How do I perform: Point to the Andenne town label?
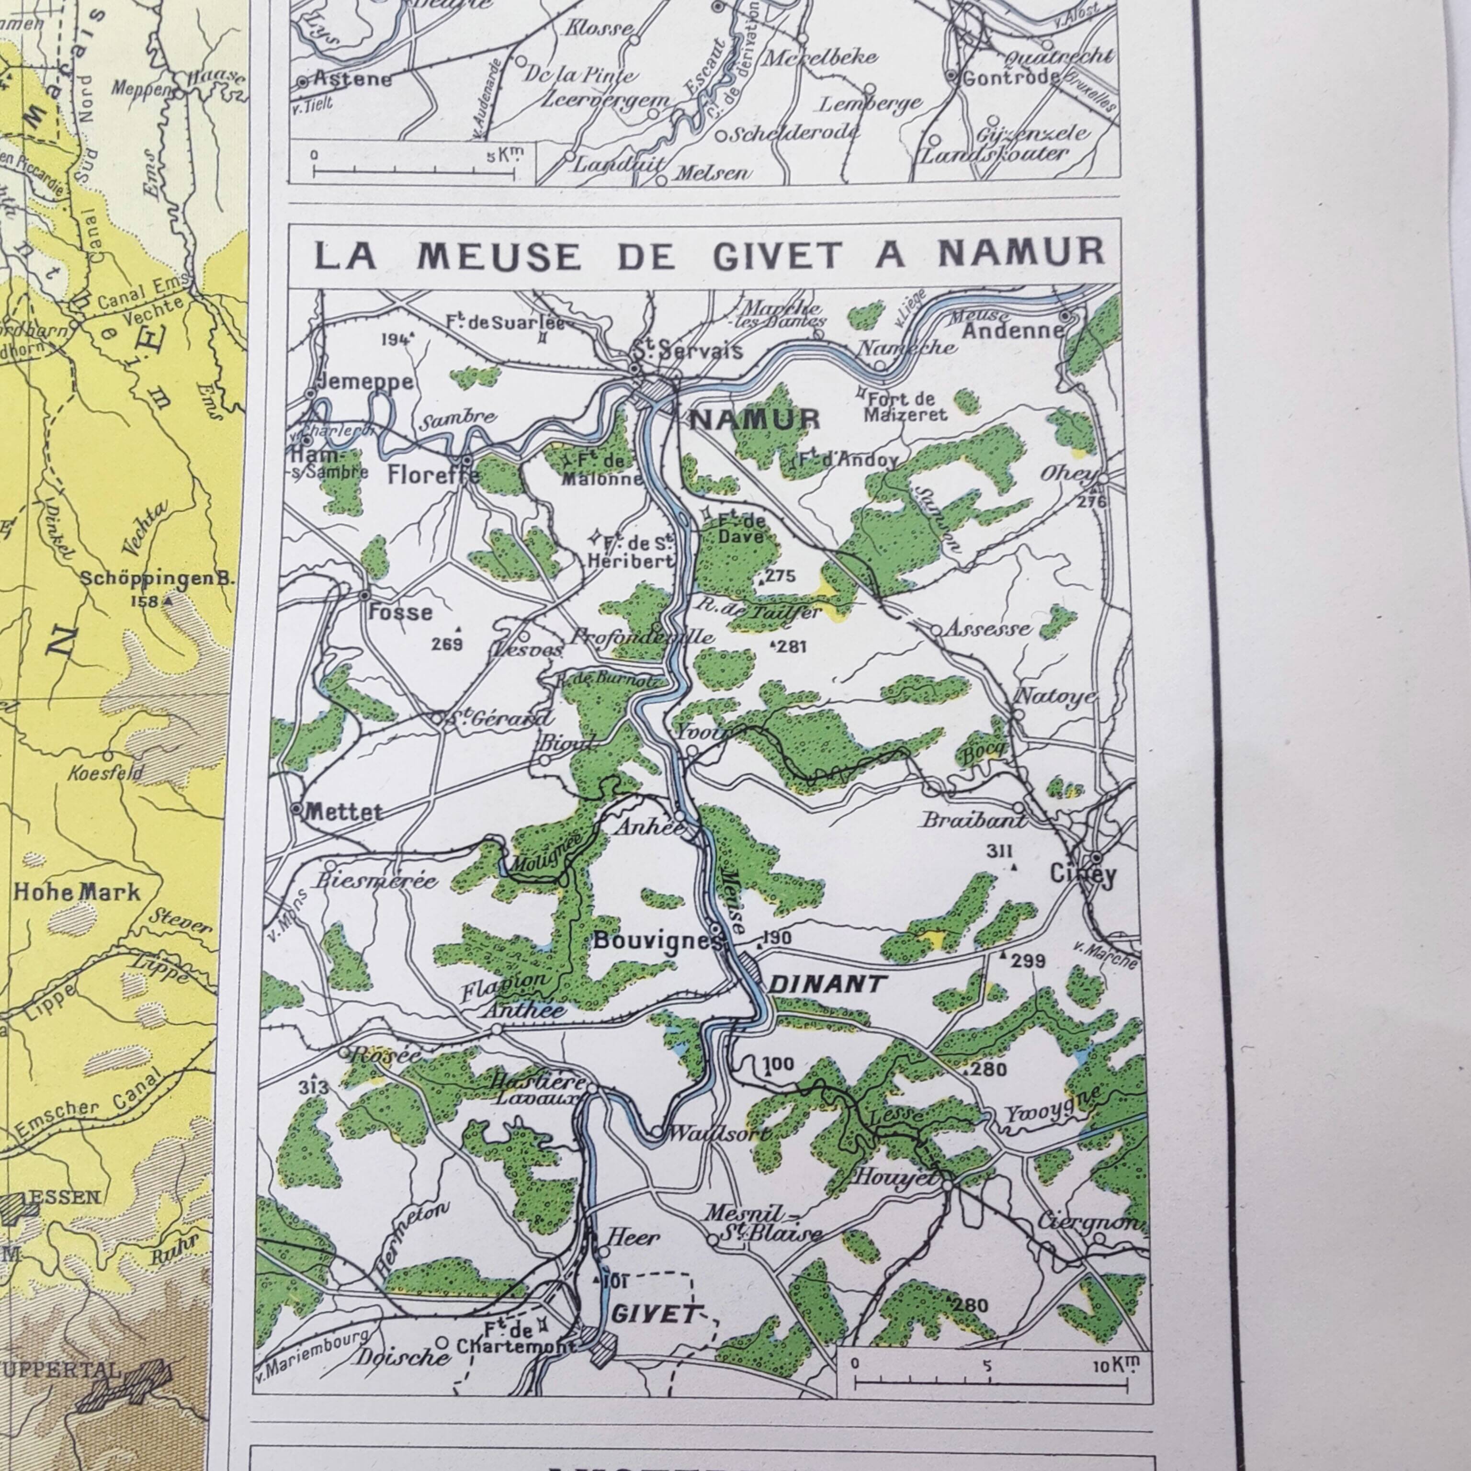(1012, 330)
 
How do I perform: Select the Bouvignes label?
(656, 942)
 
